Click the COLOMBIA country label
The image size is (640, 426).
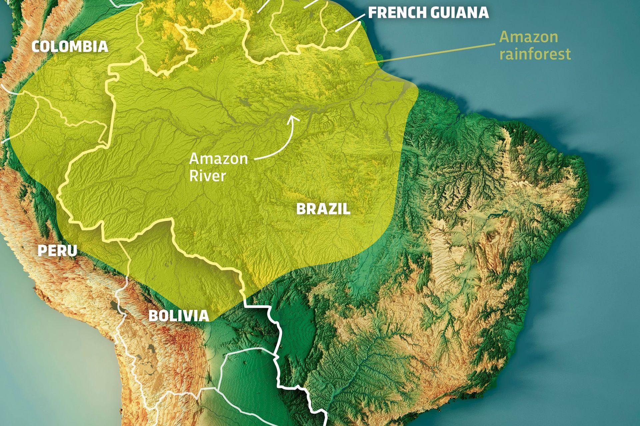[70, 46]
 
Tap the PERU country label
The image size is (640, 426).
[57, 251]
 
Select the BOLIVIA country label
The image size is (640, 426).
[178, 316]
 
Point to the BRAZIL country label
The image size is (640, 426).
[323, 209]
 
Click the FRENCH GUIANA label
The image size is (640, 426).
[428, 13]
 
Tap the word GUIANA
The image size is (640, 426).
[459, 13]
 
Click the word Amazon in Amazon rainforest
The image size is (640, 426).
[529, 37]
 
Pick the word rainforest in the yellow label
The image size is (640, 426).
[535, 54]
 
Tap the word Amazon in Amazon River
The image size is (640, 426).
[218, 159]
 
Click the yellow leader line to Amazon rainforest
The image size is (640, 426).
[433, 53]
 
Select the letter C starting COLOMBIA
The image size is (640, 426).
[36, 46]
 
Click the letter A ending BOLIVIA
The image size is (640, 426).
[204, 316]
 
